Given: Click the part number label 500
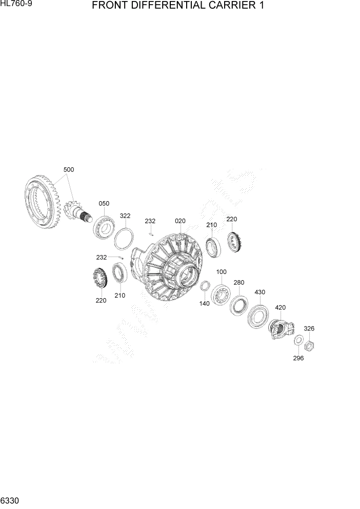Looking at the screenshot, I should click(x=69, y=169).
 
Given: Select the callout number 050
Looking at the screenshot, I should click(x=104, y=204).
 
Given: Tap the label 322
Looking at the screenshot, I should click(x=125, y=216).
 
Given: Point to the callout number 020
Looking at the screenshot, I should click(x=180, y=221).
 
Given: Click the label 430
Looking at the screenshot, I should click(x=259, y=292).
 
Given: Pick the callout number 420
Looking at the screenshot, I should click(x=280, y=307).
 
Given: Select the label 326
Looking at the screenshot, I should click(x=309, y=328).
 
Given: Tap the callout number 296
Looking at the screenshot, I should click(x=298, y=358).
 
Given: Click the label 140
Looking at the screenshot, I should click(x=205, y=304).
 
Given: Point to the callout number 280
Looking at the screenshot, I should click(x=239, y=282).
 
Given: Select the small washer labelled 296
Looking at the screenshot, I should click(x=298, y=340).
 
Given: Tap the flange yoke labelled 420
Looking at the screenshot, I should click(x=281, y=328).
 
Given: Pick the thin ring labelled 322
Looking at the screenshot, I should click(x=125, y=239).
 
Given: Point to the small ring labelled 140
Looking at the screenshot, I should click(x=204, y=286).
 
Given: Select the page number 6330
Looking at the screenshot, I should click(x=10, y=500).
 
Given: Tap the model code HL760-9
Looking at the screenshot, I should click(x=17, y=5).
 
